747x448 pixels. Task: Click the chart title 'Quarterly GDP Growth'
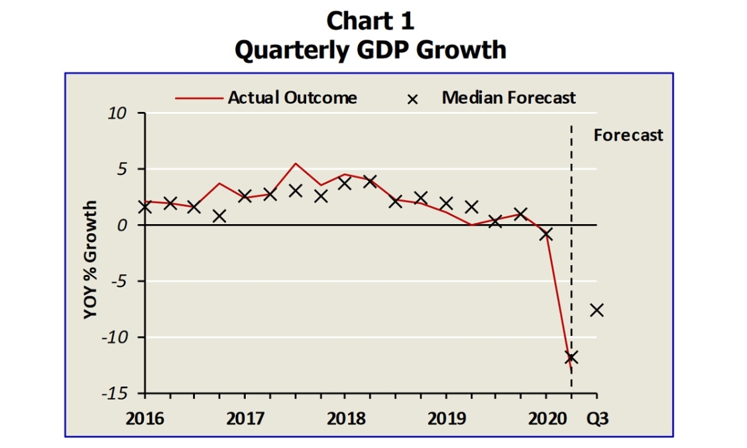point(371,50)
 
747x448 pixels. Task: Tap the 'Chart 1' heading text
point(371,21)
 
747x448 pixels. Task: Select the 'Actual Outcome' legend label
point(292,98)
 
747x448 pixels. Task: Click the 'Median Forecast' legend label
point(508,98)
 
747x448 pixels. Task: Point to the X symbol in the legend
point(412,99)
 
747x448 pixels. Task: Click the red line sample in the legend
point(199,99)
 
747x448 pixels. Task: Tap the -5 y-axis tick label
point(117,282)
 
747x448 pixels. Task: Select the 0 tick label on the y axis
point(122,225)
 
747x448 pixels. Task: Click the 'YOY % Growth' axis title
point(91,260)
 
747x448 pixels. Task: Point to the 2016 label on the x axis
point(144,418)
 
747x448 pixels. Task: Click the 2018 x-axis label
point(345,418)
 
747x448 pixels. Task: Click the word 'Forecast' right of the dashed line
point(628,136)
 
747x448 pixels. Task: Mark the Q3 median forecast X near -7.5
point(597,309)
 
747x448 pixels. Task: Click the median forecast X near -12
point(571,357)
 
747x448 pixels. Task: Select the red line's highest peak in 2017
point(296,163)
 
